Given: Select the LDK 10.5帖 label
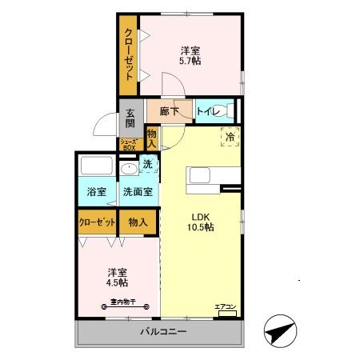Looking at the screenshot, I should click(x=201, y=222).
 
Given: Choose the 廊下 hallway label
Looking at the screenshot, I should click(x=169, y=112).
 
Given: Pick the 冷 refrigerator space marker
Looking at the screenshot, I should click(x=230, y=138).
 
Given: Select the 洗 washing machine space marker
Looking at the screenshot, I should click(x=148, y=165).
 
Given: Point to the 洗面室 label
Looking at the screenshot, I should click(x=138, y=192).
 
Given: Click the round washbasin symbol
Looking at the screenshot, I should click(x=128, y=170).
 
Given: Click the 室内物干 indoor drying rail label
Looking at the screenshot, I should click(x=117, y=301).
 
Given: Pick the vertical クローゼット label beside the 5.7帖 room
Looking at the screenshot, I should click(x=128, y=53).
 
